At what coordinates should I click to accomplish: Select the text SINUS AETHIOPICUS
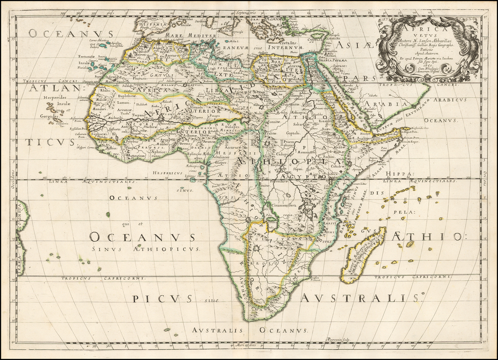click(x=145, y=249)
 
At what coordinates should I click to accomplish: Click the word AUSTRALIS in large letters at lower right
click(x=360, y=298)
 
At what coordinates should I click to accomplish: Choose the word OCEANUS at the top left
click(x=71, y=33)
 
